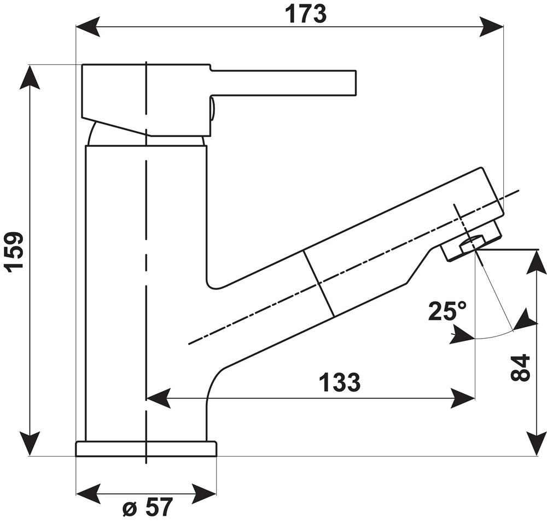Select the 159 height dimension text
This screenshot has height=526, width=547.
tap(14, 251)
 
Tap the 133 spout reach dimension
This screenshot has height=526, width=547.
tap(339, 383)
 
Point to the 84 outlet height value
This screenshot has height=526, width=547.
tap(520, 368)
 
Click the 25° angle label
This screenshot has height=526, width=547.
tap(447, 312)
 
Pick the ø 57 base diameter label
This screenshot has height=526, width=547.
tap(147, 508)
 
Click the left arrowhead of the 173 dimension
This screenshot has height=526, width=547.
tap(88, 26)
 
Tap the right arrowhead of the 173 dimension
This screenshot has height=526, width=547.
tap(491, 26)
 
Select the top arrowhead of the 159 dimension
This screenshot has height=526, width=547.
tap(30, 77)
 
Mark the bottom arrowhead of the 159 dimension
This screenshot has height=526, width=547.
tap(30, 443)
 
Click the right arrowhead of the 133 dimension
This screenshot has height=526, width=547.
tap(462, 398)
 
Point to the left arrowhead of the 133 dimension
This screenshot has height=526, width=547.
tap(159, 398)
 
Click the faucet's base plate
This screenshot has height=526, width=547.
tap(146, 449)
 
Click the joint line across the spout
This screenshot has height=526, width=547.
tap(318, 283)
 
